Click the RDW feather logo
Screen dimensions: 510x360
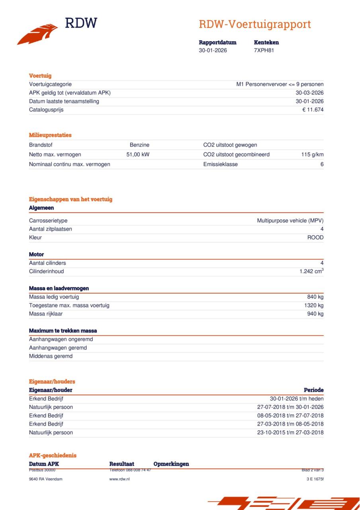(x=37, y=34)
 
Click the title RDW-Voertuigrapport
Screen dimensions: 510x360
(x=254, y=24)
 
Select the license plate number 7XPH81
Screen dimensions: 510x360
(x=264, y=50)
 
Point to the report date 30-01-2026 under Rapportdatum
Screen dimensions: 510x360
(x=213, y=50)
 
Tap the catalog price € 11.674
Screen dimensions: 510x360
(x=313, y=110)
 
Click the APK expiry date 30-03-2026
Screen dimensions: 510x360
(x=307, y=93)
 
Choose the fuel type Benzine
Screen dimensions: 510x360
(x=139, y=145)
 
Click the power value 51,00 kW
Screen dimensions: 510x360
(x=138, y=155)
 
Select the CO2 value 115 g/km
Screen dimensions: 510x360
(x=312, y=155)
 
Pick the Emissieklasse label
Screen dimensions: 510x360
(x=220, y=164)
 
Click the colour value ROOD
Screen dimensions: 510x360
(x=315, y=237)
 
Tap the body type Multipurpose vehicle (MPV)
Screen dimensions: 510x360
(x=290, y=220)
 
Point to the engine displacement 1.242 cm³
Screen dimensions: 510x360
(x=311, y=271)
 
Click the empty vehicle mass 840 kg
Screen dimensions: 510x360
(x=315, y=297)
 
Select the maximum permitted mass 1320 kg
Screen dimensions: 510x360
(x=314, y=305)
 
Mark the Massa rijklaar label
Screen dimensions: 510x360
(x=46, y=314)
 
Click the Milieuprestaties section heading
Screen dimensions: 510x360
(x=50, y=135)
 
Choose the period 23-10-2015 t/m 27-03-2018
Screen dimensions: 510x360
(x=290, y=432)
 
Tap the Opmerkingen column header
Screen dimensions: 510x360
(x=171, y=464)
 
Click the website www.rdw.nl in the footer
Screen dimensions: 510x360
(x=119, y=479)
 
